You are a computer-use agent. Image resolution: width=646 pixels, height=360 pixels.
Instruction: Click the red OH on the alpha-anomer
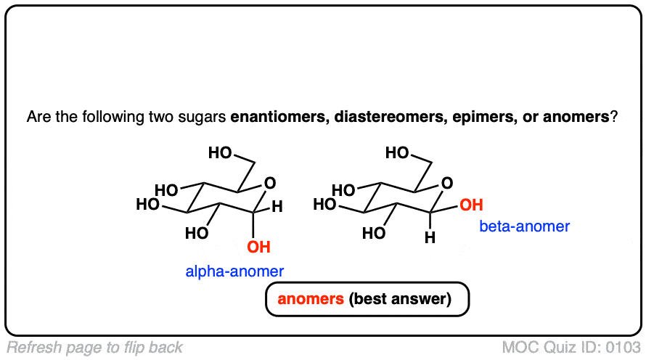[x=258, y=247]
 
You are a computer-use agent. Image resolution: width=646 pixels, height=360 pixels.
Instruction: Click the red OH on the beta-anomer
[x=471, y=205]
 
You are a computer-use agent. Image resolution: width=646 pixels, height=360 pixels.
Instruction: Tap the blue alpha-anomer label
[x=234, y=271]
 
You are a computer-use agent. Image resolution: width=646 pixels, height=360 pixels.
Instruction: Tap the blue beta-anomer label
[x=524, y=226]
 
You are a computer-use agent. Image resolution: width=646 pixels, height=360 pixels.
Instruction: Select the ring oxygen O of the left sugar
[x=269, y=182]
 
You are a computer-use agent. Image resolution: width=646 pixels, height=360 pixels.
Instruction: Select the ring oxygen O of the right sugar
[x=446, y=182]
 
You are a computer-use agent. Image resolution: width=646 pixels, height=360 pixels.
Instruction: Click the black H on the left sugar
[x=277, y=207]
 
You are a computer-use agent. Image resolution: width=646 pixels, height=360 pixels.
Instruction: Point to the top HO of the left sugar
[x=221, y=153]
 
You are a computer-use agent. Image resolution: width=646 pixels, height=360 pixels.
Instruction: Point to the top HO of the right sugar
[x=398, y=153]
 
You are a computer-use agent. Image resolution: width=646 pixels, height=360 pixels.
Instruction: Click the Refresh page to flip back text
[x=95, y=348]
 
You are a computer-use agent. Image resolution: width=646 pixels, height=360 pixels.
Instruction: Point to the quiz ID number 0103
[x=623, y=348]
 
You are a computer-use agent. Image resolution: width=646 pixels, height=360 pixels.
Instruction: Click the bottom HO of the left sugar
[x=197, y=234]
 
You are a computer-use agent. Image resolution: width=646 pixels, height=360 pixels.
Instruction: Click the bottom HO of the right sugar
[x=375, y=234]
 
